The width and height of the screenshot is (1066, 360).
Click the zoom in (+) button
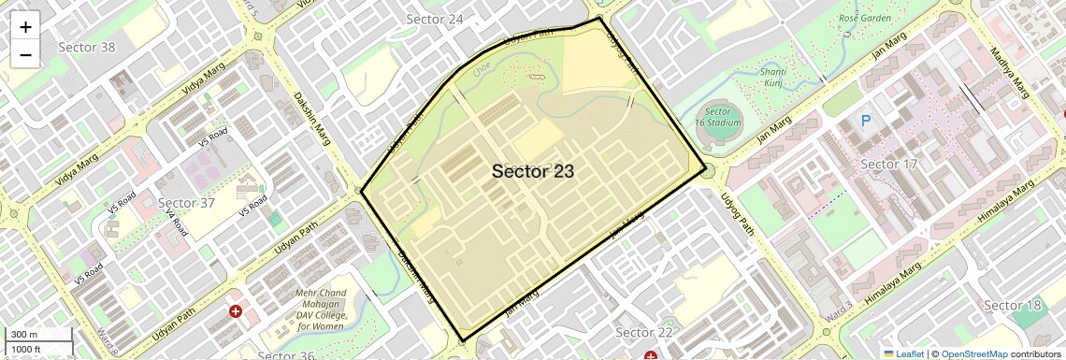pos(25,27)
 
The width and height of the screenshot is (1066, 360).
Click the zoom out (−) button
pos(25,54)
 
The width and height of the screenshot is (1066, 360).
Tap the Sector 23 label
pos(532,171)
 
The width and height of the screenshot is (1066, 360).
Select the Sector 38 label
pos(87,47)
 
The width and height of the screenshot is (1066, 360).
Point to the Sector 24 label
pos(435,20)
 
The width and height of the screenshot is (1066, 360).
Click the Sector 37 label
pos(187,203)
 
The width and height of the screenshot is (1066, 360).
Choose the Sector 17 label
pos(889,166)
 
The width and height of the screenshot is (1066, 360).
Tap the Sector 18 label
pos(1013,306)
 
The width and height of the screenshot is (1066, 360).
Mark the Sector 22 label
pos(644,332)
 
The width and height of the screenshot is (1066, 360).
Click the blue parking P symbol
pos(865,121)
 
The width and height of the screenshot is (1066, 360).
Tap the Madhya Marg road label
pos(1009,72)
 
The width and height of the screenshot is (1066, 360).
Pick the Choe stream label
pos(483,67)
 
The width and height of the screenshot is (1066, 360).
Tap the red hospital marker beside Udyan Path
pos(235,310)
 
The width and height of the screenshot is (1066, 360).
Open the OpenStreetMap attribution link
pos(973,353)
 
